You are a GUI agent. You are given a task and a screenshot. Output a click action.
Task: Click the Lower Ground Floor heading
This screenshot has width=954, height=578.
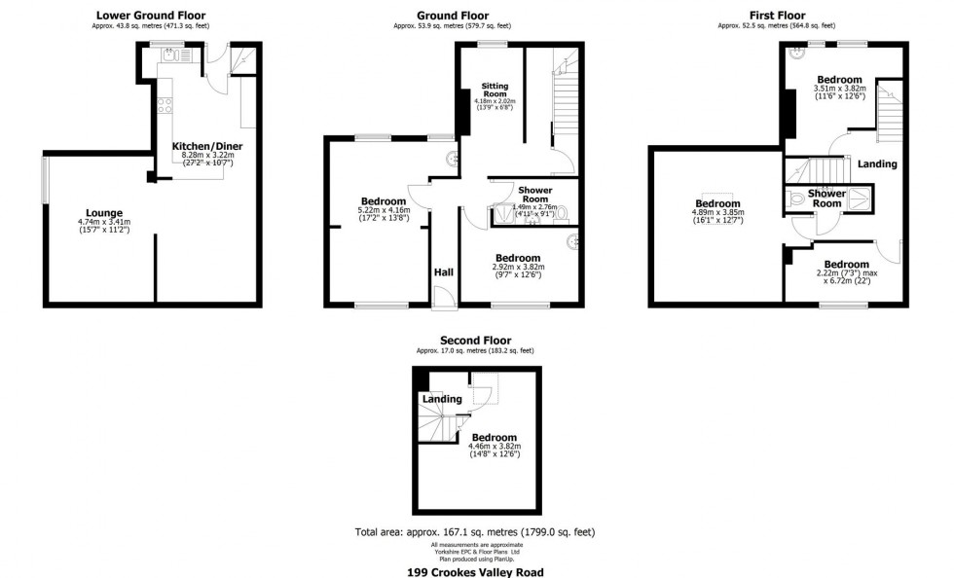[151, 16]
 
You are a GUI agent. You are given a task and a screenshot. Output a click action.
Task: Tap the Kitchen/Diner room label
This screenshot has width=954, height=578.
[207, 146]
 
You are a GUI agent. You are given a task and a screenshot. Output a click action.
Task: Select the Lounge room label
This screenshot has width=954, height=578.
[104, 212]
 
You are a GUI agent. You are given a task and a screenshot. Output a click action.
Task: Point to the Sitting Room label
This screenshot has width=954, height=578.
[495, 90]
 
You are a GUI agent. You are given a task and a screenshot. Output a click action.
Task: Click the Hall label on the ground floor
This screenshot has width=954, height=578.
[443, 272]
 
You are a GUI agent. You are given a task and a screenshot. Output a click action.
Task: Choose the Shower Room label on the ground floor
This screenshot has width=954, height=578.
[534, 195]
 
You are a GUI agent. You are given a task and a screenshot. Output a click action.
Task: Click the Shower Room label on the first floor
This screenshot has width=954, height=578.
[826, 198]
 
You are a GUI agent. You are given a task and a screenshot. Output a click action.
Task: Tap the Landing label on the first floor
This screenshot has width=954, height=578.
[877, 164]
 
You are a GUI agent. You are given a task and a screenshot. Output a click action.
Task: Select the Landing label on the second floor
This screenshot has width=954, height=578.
[441, 400]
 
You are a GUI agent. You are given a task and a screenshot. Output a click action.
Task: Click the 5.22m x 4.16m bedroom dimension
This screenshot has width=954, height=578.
[385, 210]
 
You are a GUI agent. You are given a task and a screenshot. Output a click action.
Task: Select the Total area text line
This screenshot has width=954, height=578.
[475, 532]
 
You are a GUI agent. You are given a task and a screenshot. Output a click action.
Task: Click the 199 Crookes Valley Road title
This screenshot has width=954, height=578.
[475, 572]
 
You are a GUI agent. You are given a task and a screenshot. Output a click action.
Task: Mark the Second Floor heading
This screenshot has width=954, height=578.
[475, 341]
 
